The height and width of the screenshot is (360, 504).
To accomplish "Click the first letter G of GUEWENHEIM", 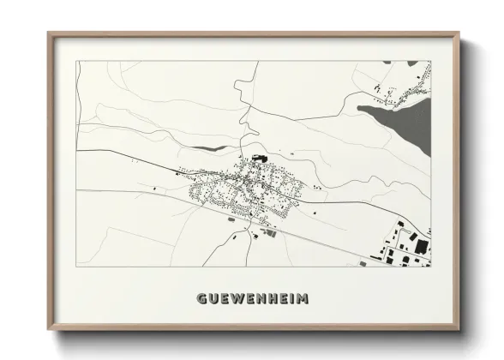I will point(201,299).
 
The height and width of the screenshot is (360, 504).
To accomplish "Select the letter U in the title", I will point(213,299).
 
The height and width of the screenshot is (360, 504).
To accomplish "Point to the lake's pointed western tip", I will point(359,108).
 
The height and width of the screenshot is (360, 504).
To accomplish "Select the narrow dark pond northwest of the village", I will point(217,148).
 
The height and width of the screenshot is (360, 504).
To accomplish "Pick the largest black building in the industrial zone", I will point(421,246).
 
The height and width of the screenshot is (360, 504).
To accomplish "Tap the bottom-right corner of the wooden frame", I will point(459,330).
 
